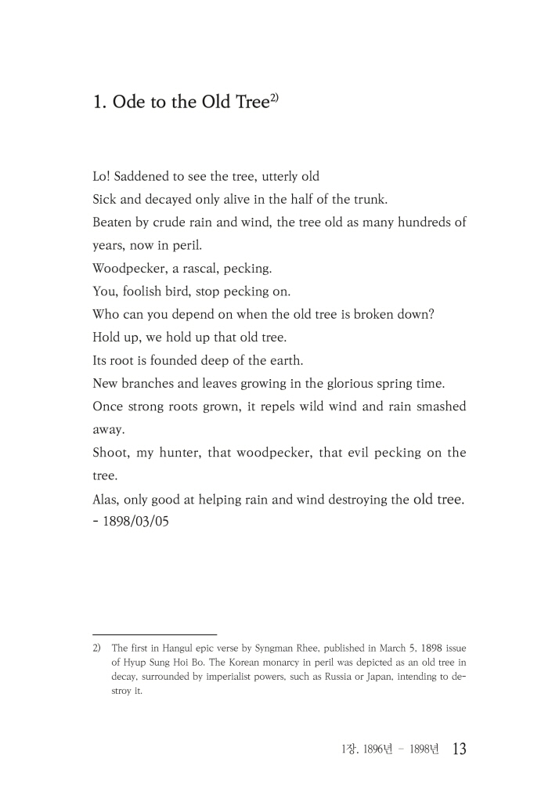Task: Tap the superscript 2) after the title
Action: click(x=274, y=96)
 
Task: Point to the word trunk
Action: click(x=370, y=199)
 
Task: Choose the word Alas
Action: click(x=106, y=499)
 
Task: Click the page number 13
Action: click(x=459, y=750)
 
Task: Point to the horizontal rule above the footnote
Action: click(x=154, y=634)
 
